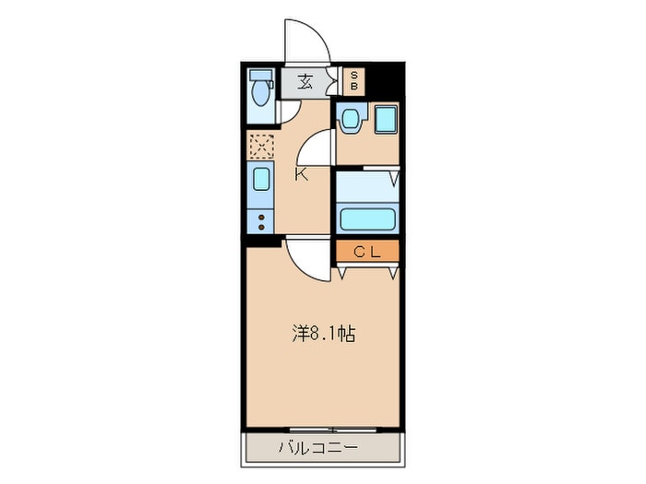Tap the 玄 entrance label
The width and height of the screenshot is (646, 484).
point(305,81)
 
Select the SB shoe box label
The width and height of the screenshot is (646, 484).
point(353,80)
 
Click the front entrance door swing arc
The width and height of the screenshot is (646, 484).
point(305,41)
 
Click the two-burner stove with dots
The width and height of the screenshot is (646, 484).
point(261,221)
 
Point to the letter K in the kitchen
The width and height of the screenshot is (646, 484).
point(301,174)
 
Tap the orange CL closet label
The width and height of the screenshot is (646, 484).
point(366,250)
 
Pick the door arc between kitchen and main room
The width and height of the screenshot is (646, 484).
point(305,258)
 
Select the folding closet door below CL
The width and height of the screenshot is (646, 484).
point(367,269)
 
